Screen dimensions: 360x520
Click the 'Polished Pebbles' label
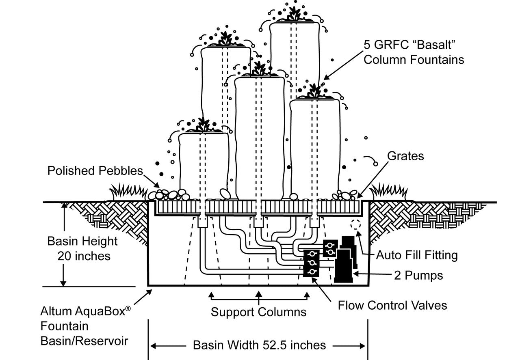pos(95,171)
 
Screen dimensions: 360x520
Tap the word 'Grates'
pos(405,156)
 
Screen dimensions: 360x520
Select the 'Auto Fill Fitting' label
pos(417,255)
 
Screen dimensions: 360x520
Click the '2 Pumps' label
pos(418,276)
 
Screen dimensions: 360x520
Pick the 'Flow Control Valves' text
pos(392,305)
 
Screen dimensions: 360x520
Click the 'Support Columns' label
pos(258,312)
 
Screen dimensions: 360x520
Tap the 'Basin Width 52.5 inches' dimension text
pos(259,345)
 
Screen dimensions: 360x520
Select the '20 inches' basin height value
pos(84,257)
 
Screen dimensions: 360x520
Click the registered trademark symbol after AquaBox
pos(128,309)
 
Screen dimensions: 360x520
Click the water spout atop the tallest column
pos(292,14)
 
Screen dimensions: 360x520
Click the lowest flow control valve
pos(312,272)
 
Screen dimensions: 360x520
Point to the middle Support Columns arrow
pos(258,295)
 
